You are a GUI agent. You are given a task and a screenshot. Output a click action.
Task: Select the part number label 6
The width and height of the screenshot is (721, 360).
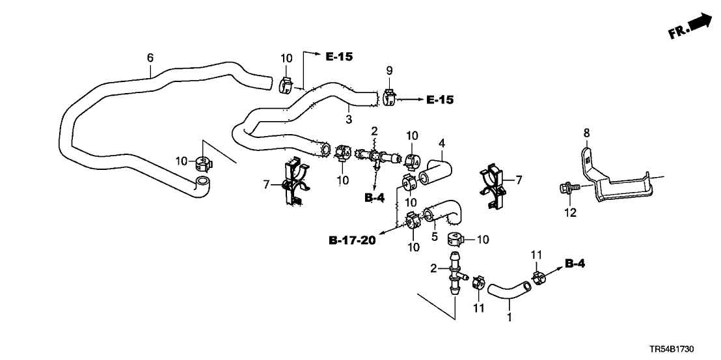pos(150,58)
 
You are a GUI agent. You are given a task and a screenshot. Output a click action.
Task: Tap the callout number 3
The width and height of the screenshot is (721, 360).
pos(349,119)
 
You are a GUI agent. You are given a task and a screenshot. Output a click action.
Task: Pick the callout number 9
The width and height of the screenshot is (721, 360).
pos(390,70)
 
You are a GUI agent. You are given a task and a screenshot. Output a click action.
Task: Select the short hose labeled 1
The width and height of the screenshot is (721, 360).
pos(508,291)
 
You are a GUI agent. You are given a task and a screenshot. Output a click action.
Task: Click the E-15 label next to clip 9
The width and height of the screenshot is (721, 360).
pos(439,100)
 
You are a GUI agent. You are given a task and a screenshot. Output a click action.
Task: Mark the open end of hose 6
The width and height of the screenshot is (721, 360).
pos(202,182)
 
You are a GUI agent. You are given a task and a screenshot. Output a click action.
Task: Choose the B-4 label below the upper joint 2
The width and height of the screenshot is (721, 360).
pos(374,197)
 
